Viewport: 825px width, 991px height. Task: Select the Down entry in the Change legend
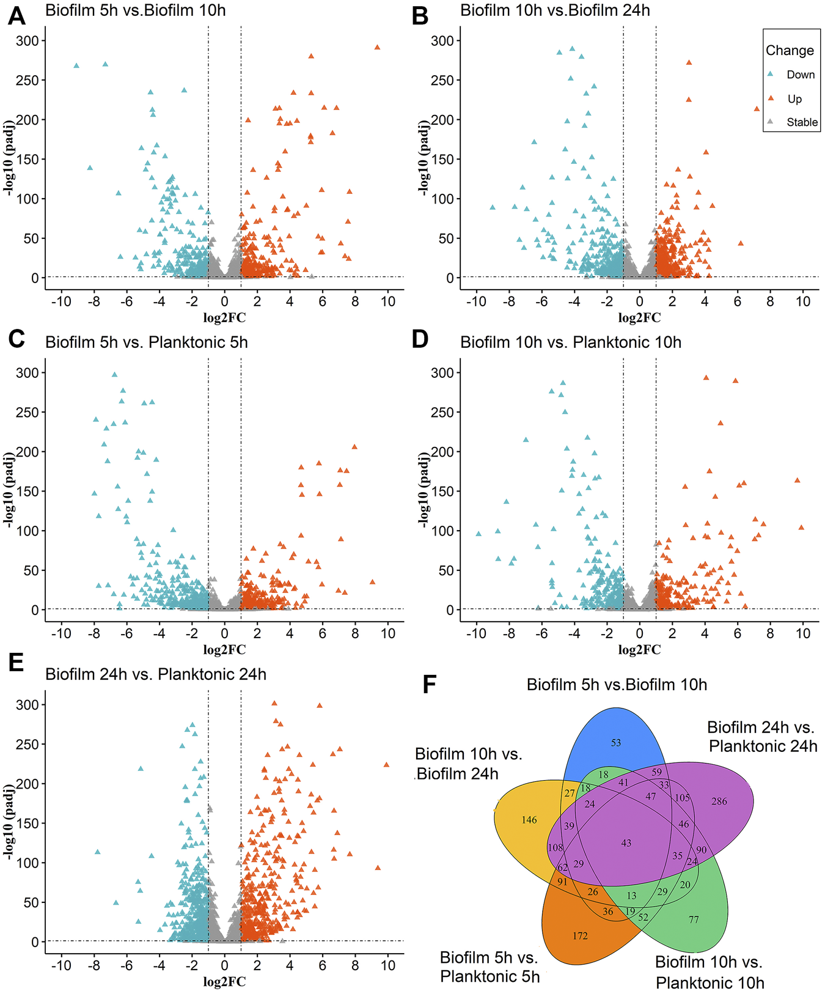(x=800, y=75)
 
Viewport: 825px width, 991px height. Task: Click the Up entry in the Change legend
(x=794, y=99)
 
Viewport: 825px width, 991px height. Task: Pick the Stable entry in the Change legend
(x=802, y=122)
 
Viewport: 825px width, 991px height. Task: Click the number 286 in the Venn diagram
(x=719, y=801)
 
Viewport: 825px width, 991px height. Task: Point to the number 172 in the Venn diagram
(x=580, y=935)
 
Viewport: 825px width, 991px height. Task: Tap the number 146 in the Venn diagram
(x=529, y=820)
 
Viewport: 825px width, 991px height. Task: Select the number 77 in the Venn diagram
(x=694, y=919)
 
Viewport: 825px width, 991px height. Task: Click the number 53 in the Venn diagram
(x=615, y=743)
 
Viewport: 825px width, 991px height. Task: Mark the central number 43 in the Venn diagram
(x=626, y=843)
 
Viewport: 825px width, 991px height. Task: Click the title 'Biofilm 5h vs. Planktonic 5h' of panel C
(x=147, y=342)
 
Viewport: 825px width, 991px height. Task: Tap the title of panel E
(x=156, y=674)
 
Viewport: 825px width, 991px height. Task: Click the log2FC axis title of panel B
(x=639, y=318)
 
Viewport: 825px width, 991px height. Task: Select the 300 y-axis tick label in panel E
(x=27, y=705)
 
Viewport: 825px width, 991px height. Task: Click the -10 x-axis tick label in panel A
(x=61, y=301)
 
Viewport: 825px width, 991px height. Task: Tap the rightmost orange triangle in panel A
(x=377, y=47)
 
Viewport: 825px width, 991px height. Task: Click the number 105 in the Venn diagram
(x=682, y=798)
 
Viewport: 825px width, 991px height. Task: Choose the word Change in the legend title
(x=790, y=51)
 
